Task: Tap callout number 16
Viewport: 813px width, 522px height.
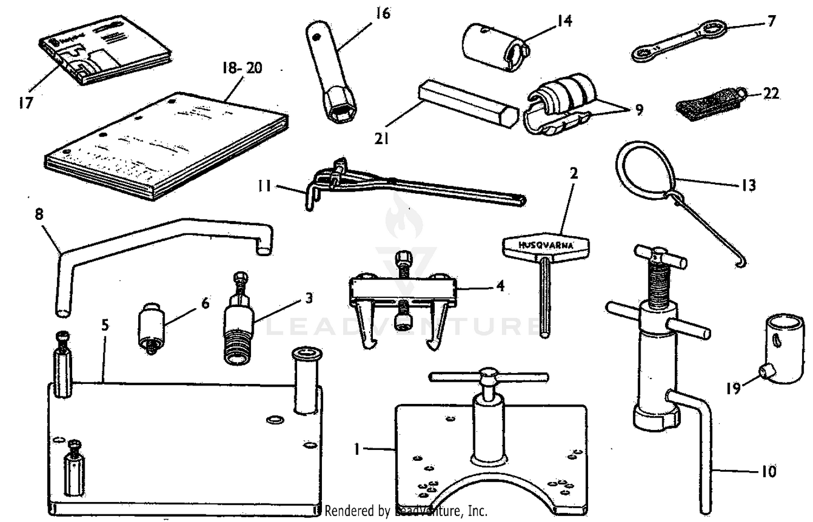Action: (383, 13)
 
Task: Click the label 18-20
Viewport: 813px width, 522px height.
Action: (242, 68)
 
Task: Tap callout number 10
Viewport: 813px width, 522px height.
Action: (769, 472)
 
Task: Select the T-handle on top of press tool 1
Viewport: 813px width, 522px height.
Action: (488, 375)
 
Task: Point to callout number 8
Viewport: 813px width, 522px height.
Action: (38, 214)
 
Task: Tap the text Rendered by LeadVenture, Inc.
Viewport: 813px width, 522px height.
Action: (405, 511)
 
